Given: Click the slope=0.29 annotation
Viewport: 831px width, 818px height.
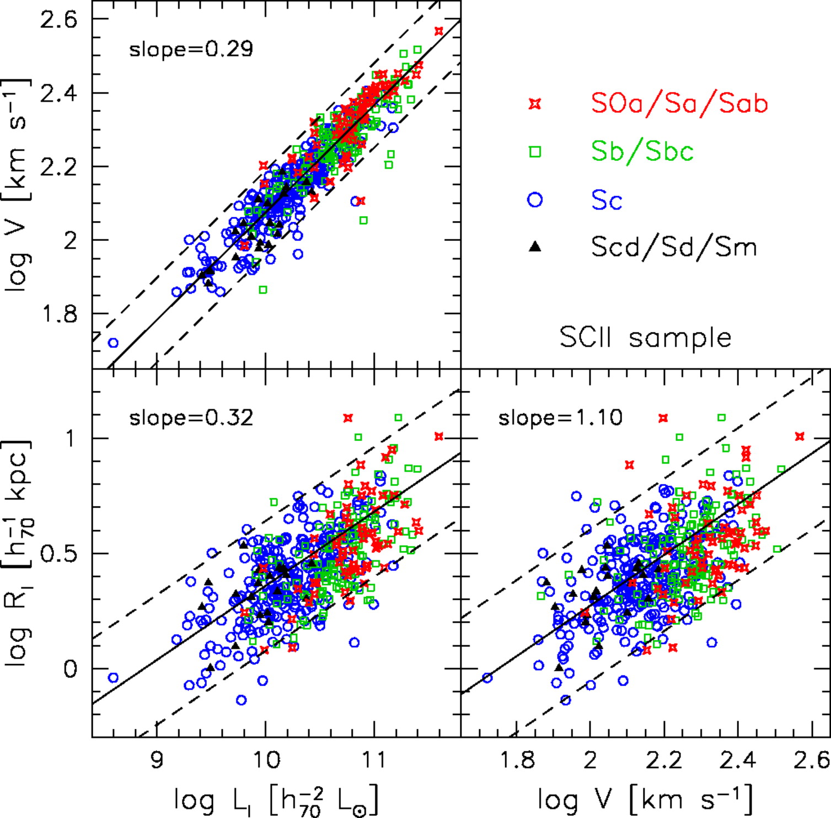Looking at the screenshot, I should pos(191,50).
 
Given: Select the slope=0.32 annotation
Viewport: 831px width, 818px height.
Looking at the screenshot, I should pos(191,418).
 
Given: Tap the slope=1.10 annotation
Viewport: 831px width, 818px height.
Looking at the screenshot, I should pos(560,418).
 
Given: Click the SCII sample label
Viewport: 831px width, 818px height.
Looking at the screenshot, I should pos(645,337).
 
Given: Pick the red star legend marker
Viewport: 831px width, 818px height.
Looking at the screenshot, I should pos(534,104).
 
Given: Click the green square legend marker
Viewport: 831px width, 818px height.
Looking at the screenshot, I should pos(534,152).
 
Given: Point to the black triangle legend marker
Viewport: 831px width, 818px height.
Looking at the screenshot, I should pos(534,247).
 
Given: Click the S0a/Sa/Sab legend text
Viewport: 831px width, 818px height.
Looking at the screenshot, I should pos(679,104).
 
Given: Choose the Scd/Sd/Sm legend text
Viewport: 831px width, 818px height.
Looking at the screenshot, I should pos(674,247).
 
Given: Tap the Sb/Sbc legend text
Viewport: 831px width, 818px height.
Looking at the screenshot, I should pos(642,152).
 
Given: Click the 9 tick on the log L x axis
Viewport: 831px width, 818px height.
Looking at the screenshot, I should pos(157,760).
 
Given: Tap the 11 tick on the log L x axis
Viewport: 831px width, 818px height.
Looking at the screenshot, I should pos(374,760).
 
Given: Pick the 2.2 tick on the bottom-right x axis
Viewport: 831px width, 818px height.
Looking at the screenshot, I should pos(664,760).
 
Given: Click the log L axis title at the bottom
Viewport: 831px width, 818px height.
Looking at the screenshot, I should pos(276,799).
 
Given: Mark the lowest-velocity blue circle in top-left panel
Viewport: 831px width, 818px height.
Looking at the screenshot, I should pos(113,343).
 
